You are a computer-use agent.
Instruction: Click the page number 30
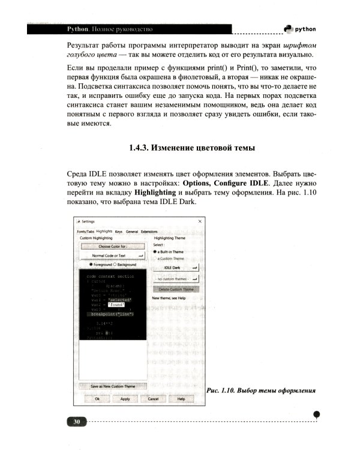77,422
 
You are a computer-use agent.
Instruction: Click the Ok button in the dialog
97,398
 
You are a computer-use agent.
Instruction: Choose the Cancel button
153,398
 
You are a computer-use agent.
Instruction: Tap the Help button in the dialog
181,398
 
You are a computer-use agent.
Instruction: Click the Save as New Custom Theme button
113,386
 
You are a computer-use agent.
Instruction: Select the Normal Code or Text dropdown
113,256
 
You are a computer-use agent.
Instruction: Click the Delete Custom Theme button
176,289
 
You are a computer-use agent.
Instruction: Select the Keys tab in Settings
119,231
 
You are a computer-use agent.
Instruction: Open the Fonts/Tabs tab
86,231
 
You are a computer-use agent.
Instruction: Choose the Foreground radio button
91,265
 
